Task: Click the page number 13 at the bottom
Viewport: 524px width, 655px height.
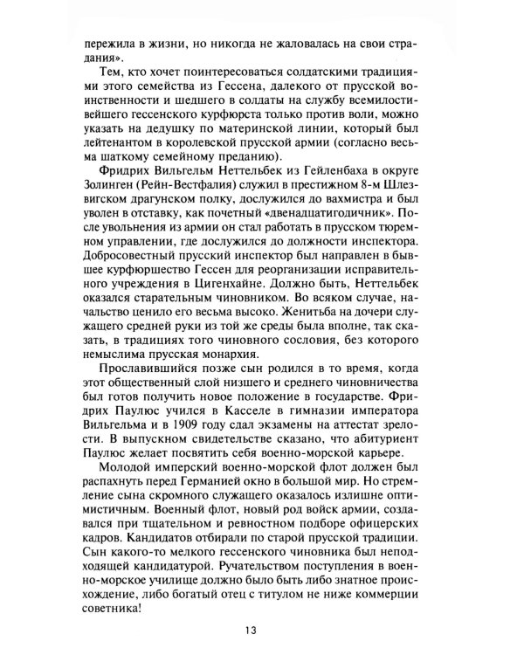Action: (x=262, y=631)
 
